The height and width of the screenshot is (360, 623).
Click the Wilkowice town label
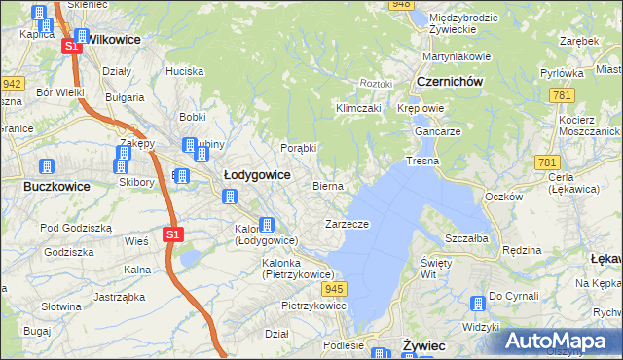click(x=114, y=40)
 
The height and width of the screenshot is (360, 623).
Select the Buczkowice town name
click(x=56, y=186)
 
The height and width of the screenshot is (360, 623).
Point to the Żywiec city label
click(x=423, y=345)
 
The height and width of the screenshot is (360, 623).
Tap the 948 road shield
click(x=400, y=5)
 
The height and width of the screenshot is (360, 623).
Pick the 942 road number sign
click(x=12, y=84)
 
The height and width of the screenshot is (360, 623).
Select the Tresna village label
click(x=422, y=160)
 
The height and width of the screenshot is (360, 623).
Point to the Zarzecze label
click(x=347, y=224)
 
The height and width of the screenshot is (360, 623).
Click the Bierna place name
click(x=328, y=185)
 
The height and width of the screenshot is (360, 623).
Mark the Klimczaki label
click(x=357, y=108)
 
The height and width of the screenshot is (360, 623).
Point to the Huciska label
click(x=184, y=71)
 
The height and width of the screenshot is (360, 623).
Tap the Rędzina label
click(x=522, y=250)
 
